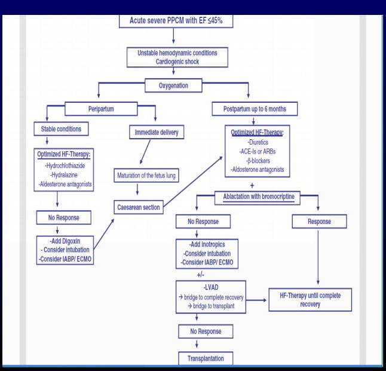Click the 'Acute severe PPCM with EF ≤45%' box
(173, 21)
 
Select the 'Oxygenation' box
(173, 85)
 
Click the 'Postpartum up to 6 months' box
(255, 109)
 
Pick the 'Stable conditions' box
(61, 128)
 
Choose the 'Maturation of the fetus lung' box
(146, 176)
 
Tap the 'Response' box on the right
(320, 221)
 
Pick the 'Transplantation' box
(206, 358)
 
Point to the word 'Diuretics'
(258, 143)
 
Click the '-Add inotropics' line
(206, 244)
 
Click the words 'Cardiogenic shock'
(177, 62)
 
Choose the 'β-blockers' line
(258, 161)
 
